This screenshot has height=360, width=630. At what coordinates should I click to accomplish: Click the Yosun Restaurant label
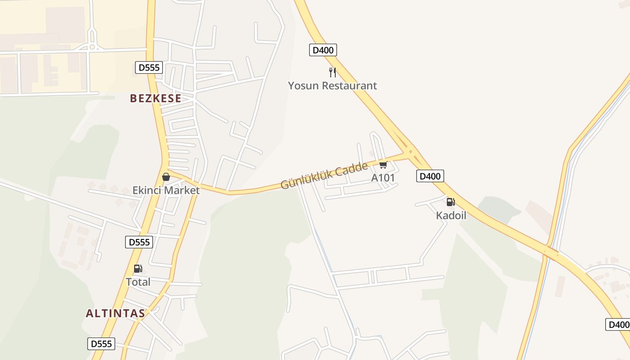[333, 85]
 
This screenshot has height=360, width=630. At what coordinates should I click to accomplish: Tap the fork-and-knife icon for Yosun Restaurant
[333, 72]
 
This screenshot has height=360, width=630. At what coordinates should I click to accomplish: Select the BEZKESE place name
[156, 98]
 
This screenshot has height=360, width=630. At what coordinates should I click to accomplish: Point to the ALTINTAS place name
[116, 313]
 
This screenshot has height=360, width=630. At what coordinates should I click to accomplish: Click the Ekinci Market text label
[166, 190]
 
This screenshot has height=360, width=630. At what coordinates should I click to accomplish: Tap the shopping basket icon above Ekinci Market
[166, 177]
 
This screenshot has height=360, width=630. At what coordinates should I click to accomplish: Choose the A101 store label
[383, 178]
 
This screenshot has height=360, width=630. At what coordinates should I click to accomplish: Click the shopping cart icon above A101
[383, 165]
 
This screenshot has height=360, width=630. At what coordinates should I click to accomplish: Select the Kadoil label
[451, 216]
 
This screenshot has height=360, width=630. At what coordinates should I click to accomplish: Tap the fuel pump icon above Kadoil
[450, 202]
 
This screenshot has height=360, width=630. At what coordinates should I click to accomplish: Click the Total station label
[138, 282]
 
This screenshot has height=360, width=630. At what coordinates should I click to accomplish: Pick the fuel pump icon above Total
[138, 269]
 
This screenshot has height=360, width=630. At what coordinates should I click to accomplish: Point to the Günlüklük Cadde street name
[324, 176]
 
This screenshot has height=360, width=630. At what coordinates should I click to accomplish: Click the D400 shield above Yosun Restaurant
[323, 50]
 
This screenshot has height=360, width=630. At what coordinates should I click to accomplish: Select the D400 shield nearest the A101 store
[430, 176]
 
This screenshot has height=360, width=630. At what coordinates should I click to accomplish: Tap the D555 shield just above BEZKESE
[149, 67]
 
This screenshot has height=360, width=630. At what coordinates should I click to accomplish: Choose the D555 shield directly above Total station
[139, 242]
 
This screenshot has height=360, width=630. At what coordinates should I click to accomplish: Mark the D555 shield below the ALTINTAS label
[101, 344]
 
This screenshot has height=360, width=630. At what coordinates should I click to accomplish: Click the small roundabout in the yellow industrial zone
[92, 46]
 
